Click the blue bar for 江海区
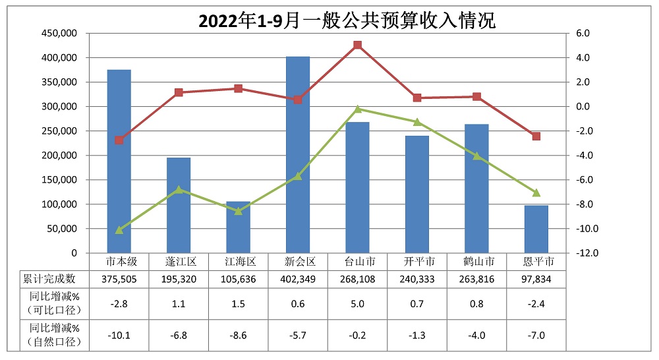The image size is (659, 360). tap(238, 227)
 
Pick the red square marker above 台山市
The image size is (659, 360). tap(357, 45)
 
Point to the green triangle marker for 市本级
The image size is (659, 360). tap(119, 230)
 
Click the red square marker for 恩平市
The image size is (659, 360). tap(536, 136)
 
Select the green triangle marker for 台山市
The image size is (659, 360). tap(357, 109)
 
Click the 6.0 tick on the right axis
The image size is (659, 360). tap(583, 34)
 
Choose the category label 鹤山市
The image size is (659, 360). tap(476, 262)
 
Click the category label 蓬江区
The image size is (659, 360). tap(179, 262)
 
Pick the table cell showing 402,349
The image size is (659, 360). tap(298, 279)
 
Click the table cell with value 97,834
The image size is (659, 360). tap(536, 279)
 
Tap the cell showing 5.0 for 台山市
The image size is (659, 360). tap(357, 304)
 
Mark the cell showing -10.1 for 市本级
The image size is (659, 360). tap(119, 335)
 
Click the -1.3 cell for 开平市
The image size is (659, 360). tap(416, 335)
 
